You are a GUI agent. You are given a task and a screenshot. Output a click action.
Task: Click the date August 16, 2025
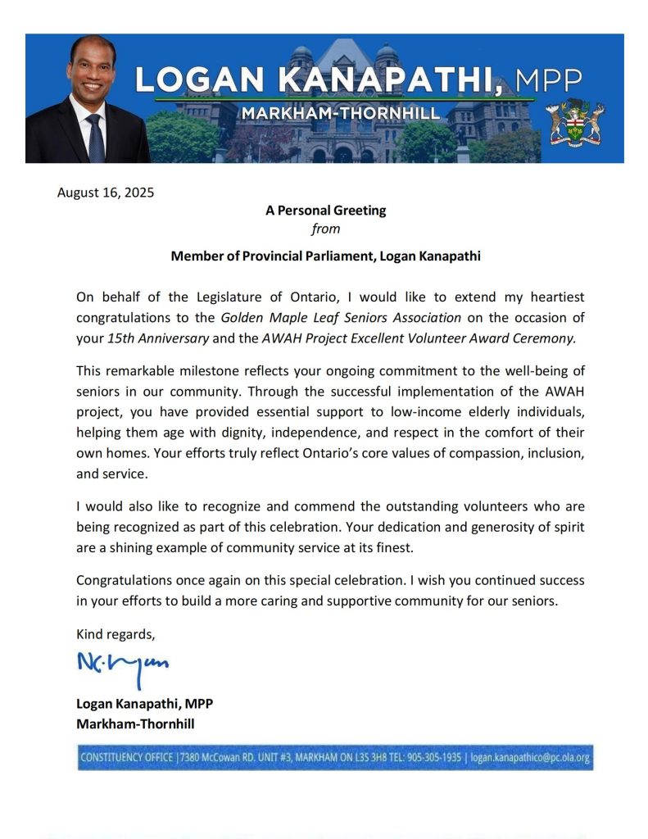(x=105, y=193)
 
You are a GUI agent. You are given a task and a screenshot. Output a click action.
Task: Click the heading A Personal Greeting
(x=325, y=211)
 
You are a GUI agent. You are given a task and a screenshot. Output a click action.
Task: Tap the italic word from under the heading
(x=325, y=229)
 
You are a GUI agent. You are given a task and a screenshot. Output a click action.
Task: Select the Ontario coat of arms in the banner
(x=574, y=121)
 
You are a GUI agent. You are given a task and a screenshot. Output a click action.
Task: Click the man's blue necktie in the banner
(x=95, y=137)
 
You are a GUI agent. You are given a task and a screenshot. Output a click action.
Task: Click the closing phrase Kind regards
(x=115, y=633)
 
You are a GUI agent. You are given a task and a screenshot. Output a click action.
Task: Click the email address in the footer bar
(x=530, y=757)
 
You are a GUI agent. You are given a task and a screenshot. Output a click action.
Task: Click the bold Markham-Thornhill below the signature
(x=135, y=724)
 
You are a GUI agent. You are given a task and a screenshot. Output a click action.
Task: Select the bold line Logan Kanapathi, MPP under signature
(x=144, y=704)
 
